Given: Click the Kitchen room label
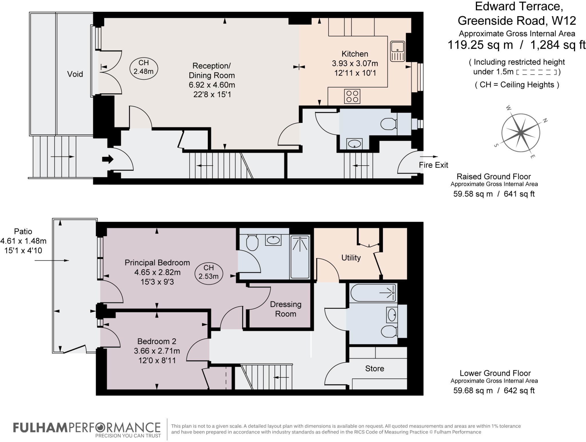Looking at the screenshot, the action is [x=355, y=54].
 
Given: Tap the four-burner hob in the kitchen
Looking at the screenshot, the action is [x=352, y=96].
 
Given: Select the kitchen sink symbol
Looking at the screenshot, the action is [x=398, y=51].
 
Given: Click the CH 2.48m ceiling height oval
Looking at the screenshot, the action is [x=144, y=67].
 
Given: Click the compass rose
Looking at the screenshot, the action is [x=521, y=133].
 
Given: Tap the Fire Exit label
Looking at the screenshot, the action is [x=433, y=165].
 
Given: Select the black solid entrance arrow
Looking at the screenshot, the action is [x=108, y=159].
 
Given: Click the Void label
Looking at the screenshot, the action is [x=75, y=74].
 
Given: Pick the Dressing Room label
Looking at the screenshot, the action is [x=286, y=309].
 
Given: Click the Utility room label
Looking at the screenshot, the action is [x=351, y=258].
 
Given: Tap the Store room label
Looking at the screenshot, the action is [x=375, y=368].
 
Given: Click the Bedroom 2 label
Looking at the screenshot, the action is [x=157, y=341].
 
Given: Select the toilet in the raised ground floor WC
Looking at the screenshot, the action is [x=389, y=124].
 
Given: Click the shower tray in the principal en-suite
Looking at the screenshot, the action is [x=300, y=257].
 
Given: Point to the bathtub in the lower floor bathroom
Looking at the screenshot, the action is [x=373, y=293].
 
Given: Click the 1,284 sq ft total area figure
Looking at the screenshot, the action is [x=558, y=45].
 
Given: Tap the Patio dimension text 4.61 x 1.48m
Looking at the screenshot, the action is [x=23, y=241].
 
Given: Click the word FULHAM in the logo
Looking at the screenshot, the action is [x=40, y=428].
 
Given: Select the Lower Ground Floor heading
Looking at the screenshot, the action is [x=495, y=373].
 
